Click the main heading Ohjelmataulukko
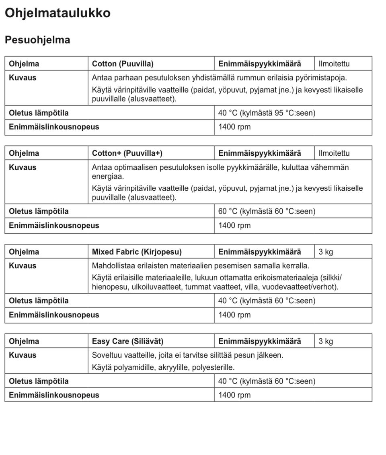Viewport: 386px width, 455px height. (57, 13)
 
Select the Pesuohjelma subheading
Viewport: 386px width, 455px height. (37, 40)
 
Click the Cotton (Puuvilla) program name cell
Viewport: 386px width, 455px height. (123, 64)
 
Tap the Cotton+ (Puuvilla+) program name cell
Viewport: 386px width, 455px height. (127, 153)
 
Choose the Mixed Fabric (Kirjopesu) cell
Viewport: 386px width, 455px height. (137, 252)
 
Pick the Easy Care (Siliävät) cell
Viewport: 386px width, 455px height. (127, 341)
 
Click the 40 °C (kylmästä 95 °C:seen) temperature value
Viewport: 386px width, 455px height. (267, 113)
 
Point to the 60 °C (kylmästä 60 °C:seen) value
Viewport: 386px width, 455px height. (267, 211)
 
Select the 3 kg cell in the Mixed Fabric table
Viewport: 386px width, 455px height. (326, 252)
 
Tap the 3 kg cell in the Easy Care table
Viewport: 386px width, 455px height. (326, 341)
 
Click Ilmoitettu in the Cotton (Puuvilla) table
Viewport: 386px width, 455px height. (334, 64)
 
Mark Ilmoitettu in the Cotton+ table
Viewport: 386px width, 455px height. (334, 153)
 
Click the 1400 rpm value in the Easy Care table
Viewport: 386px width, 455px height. (234, 395)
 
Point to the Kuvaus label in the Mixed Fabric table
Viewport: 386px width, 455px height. (23, 266)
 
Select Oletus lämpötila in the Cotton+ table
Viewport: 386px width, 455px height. (39, 211)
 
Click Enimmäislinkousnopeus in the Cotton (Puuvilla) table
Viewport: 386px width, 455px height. (54, 127)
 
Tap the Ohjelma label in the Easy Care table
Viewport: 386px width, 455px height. (24, 341)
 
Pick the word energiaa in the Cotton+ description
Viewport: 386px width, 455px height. (108, 177)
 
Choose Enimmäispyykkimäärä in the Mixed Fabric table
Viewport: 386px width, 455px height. (259, 252)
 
